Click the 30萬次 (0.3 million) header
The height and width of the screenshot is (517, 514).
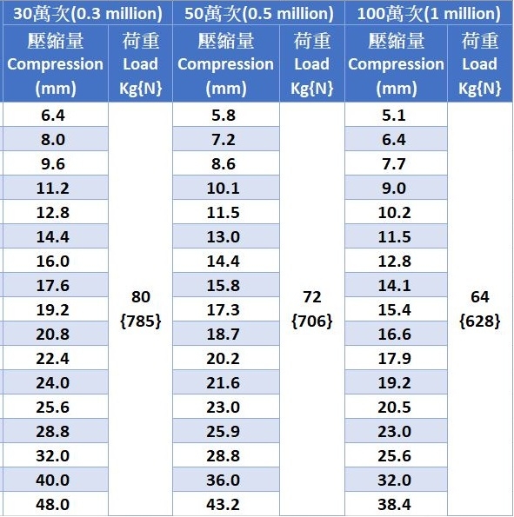click(88, 14)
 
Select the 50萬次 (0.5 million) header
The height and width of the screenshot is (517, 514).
click(259, 14)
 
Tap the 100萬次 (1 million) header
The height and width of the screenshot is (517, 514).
click(429, 14)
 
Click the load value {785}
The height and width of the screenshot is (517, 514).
click(141, 321)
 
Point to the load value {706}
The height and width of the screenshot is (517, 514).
click(311, 321)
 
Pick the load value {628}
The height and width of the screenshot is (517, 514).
click(480, 321)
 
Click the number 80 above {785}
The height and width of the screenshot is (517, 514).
click(141, 297)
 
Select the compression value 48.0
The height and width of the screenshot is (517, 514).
click(53, 505)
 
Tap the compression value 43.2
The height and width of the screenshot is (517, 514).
click(224, 505)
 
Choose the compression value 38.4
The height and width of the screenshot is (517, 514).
click(394, 505)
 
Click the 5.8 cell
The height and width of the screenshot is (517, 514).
click(224, 116)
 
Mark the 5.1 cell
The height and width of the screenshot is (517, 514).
click(394, 116)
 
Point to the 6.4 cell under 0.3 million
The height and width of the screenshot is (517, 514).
click(53, 116)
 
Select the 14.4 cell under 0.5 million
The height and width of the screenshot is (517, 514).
click(224, 262)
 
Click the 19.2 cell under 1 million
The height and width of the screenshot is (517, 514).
click(394, 383)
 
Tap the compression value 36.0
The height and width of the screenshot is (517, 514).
click(224, 480)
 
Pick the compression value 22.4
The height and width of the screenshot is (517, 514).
click(53, 358)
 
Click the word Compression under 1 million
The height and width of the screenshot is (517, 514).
click(396, 64)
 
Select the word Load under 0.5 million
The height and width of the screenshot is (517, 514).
click(311, 64)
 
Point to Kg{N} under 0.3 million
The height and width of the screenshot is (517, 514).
click(141, 89)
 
